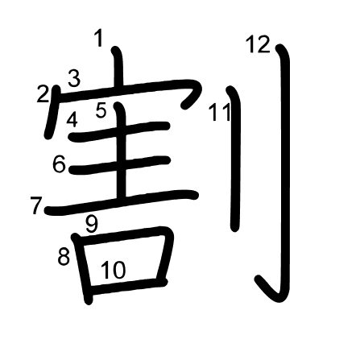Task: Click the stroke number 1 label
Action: pyautogui.click(x=99, y=39)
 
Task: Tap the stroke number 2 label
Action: pyautogui.click(x=43, y=94)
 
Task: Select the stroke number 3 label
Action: pyautogui.click(x=74, y=78)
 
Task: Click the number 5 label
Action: pyautogui.click(x=101, y=110)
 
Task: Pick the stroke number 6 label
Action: pyautogui.click(x=59, y=164)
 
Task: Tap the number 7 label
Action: pyautogui.click(x=36, y=205)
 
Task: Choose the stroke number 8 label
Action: pyautogui.click(x=64, y=257)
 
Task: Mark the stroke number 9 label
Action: pyautogui.click(x=92, y=224)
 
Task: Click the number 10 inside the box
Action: pyautogui.click(x=114, y=270)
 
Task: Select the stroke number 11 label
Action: pyautogui.click(x=220, y=112)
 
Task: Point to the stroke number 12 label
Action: pyautogui.click(x=258, y=44)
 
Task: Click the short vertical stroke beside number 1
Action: pyautogui.click(x=118, y=68)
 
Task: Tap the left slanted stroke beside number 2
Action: pyautogui.click(x=52, y=112)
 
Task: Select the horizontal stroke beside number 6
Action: pyautogui.click(x=120, y=165)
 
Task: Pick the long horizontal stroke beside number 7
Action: pyautogui.click(x=122, y=202)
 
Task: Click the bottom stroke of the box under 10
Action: pyautogui.click(x=126, y=287)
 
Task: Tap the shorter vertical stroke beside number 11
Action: pyautogui.click(x=235, y=159)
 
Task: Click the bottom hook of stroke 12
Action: pyautogui.click(x=270, y=291)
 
